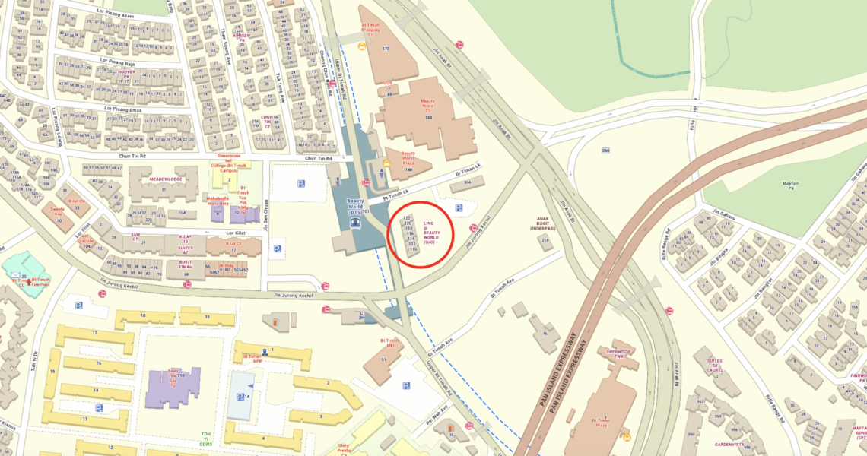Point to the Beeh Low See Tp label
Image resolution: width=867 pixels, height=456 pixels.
pos(173,377)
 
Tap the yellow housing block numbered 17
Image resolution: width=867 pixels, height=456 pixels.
pos(95,333)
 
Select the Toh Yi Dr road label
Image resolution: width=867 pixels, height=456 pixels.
pos(34,363)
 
